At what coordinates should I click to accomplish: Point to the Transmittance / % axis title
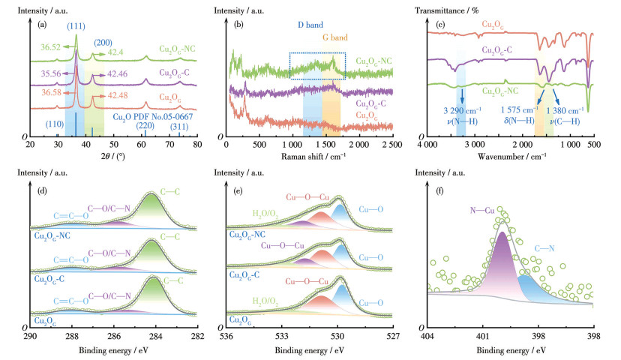pos(457,11)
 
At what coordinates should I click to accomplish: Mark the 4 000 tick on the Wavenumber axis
pos(427,143)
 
